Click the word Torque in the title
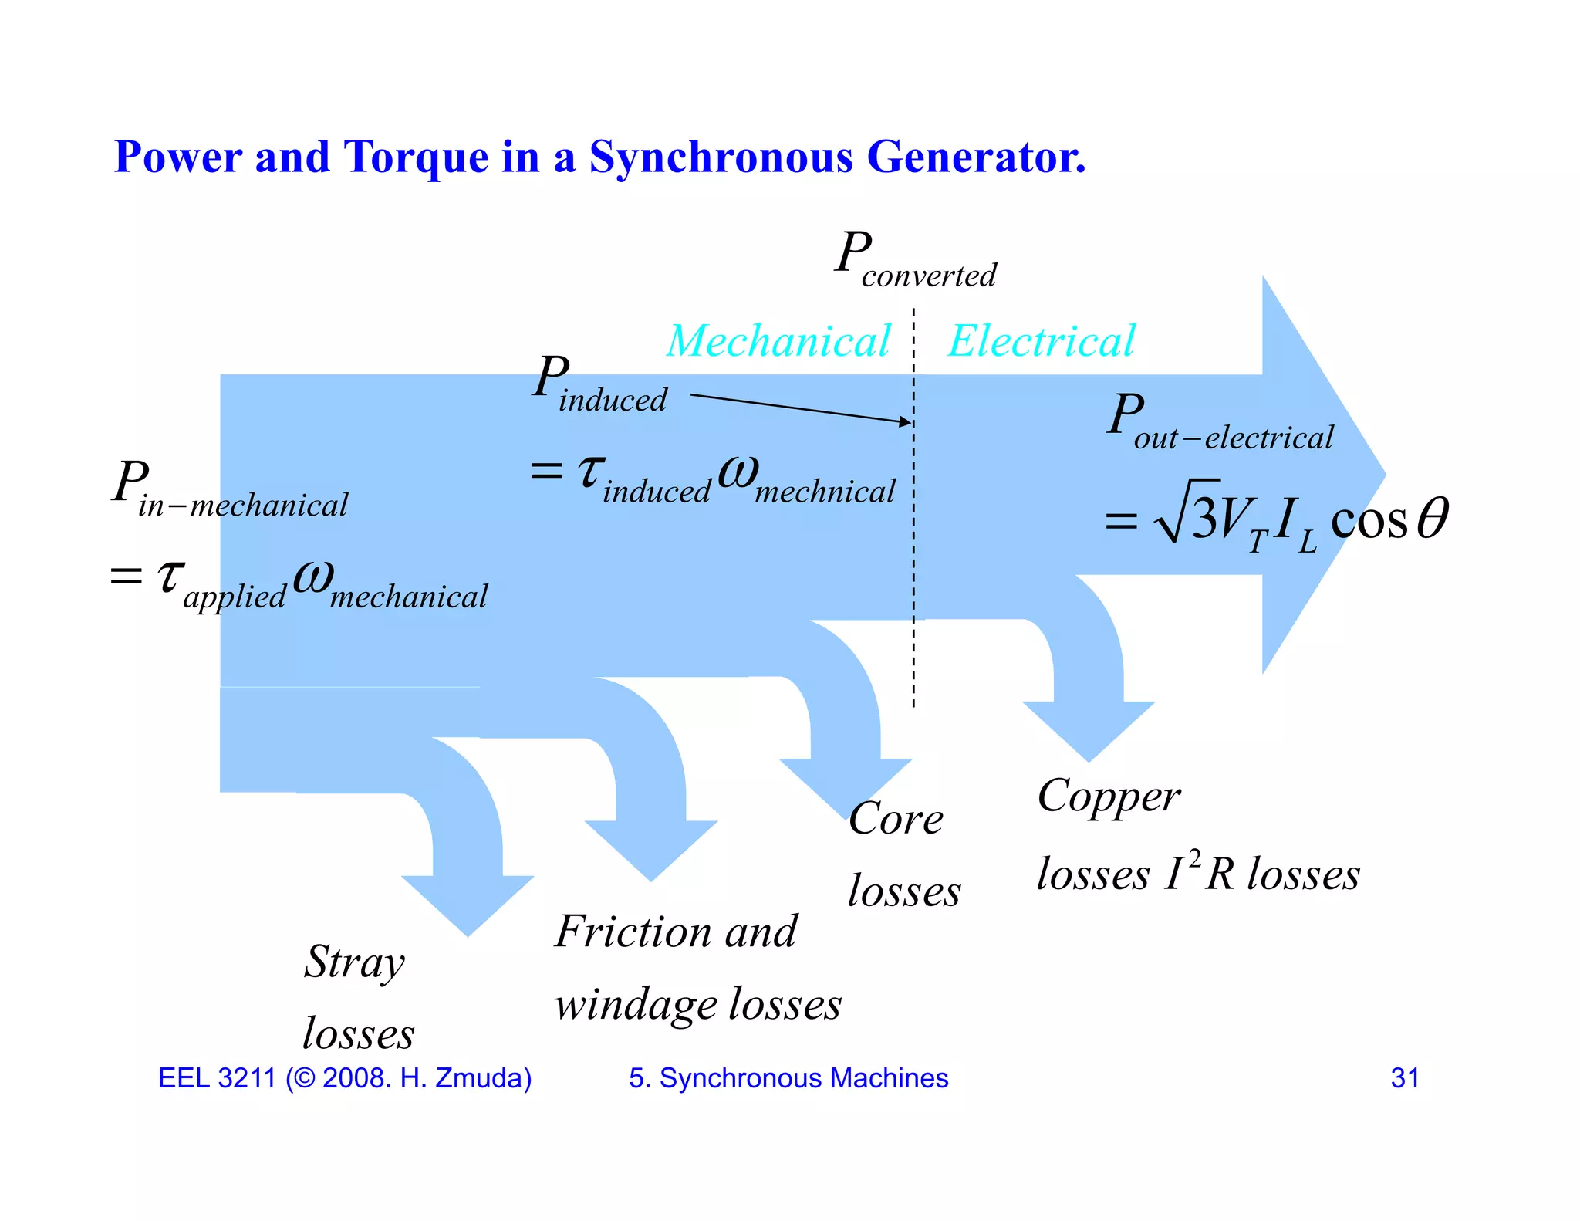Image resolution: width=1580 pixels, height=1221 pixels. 415,158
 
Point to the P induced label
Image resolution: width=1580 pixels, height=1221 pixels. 599,386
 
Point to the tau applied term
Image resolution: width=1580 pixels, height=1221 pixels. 221,582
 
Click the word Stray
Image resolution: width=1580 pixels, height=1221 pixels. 354,962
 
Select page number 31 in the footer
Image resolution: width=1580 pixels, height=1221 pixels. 1405,1078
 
